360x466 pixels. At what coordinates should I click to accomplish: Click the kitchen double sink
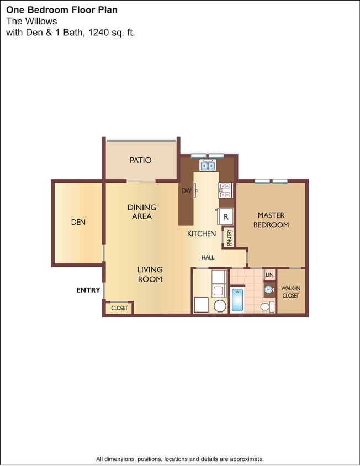[x=208, y=165]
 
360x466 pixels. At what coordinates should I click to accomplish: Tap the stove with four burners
[x=225, y=190]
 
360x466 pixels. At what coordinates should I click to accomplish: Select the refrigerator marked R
[x=226, y=216]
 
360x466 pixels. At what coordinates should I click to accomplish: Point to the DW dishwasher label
[x=186, y=191]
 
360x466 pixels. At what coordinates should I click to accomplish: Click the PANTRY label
[x=229, y=237]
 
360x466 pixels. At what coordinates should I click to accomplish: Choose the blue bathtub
[x=237, y=300]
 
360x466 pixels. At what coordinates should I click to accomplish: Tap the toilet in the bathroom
[x=266, y=306]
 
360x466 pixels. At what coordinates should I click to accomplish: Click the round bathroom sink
[x=269, y=289]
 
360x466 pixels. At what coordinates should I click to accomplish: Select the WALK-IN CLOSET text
[x=290, y=292]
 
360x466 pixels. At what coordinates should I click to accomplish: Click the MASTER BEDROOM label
[x=271, y=220]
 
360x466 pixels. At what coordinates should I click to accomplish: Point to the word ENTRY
[x=88, y=290]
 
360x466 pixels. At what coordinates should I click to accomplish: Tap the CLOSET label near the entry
[x=119, y=308]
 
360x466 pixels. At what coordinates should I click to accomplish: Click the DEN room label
[x=78, y=223]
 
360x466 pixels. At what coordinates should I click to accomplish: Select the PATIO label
[x=141, y=160]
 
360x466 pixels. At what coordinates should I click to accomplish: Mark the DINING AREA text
[x=142, y=212]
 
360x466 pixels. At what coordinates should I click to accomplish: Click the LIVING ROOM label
[x=150, y=274]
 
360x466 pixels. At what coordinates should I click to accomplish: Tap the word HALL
[x=208, y=257]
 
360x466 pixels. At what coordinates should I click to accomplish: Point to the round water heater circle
[x=220, y=306]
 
